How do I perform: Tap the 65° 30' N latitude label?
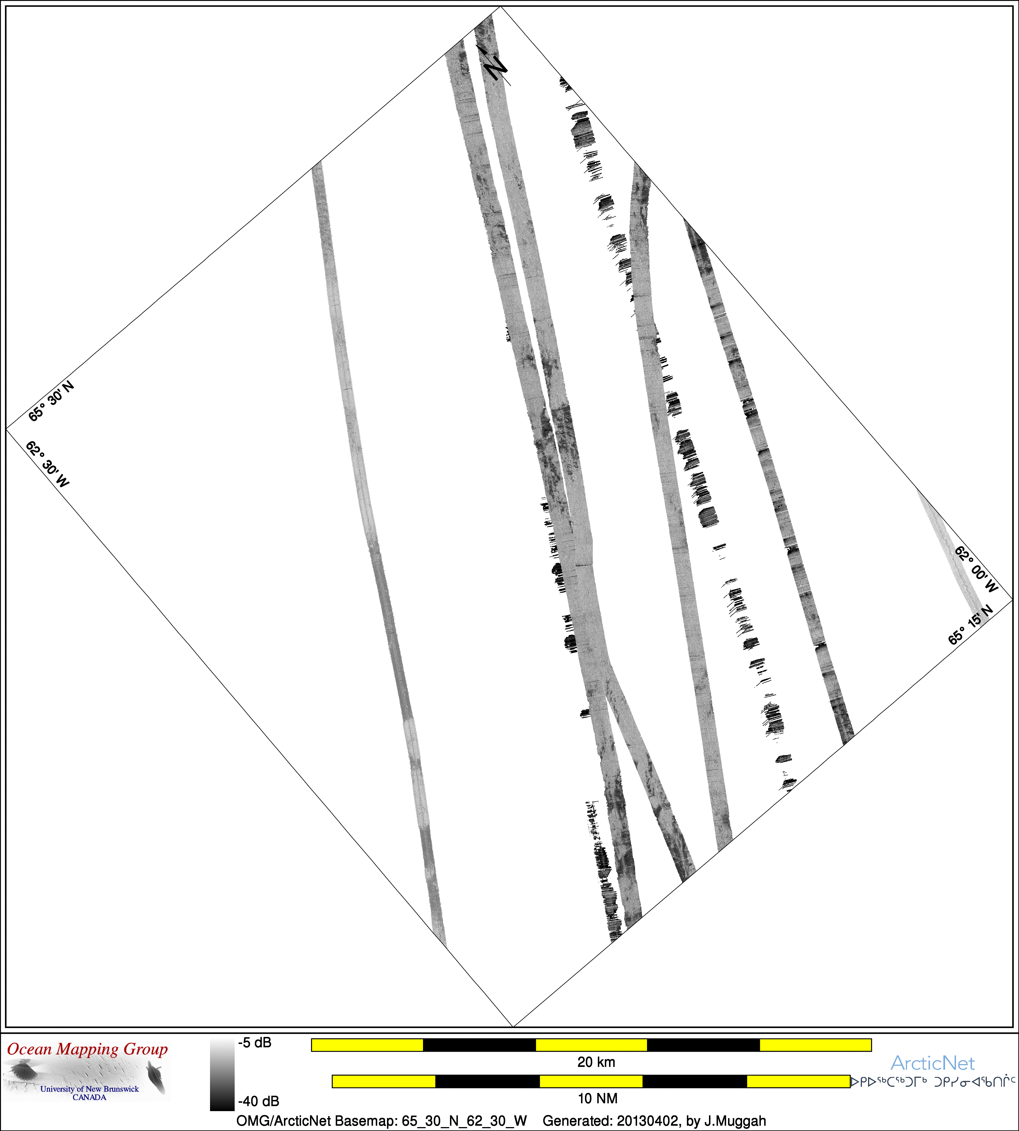point(51,401)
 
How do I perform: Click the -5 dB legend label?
point(255,1043)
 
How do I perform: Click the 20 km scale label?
point(596,1062)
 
